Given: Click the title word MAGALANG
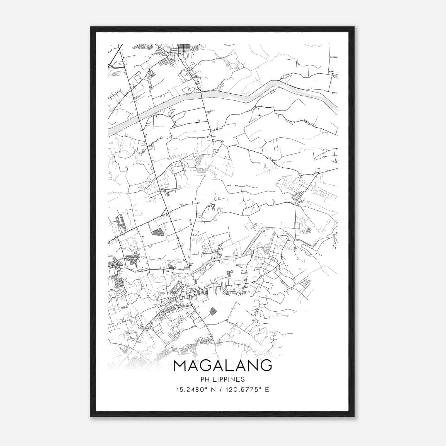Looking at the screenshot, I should pyautogui.click(x=223, y=365).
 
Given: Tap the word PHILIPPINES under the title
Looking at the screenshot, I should pyautogui.click(x=223, y=379).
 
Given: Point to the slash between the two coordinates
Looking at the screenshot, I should pyautogui.click(x=221, y=390).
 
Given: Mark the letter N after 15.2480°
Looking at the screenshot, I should pyautogui.click(x=214, y=390).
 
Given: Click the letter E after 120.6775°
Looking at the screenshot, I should pyautogui.click(x=267, y=390).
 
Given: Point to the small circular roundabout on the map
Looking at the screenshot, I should pyautogui.click(x=254, y=283).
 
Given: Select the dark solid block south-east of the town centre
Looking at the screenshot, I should pyautogui.click(x=213, y=311).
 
